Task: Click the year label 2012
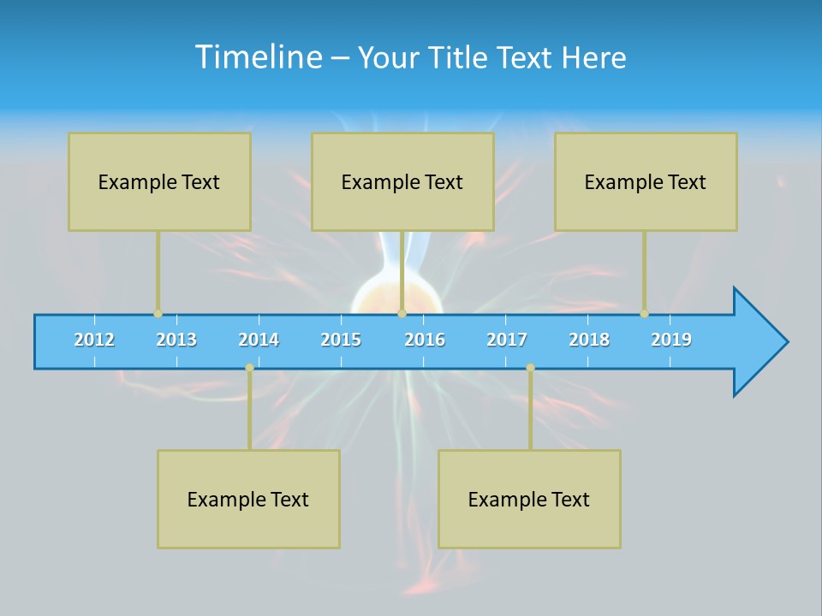(94, 340)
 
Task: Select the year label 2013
(176, 340)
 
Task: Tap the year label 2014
(259, 340)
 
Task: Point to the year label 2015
(341, 340)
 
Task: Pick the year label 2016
(425, 340)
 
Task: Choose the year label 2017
(507, 340)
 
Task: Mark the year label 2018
(589, 340)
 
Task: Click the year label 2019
(671, 340)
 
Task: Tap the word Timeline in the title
(257, 57)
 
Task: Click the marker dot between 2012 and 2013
(158, 313)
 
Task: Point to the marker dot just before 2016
(402, 313)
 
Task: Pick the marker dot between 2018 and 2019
(645, 313)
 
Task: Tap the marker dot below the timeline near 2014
(249, 368)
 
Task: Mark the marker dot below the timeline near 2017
(530, 368)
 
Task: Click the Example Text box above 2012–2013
(159, 181)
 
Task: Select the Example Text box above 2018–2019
(646, 181)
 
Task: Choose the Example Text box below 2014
(248, 499)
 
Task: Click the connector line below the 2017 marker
(530, 411)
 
